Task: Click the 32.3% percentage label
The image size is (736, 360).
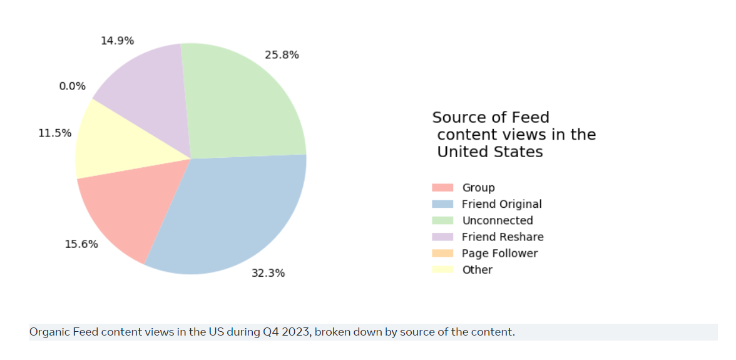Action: [268, 273]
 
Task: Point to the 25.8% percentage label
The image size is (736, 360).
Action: [282, 55]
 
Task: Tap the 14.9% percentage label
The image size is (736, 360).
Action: [117, 41]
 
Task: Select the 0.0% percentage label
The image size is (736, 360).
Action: [73, 86]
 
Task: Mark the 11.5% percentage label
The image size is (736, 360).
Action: [55, 133]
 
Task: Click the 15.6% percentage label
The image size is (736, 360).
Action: [81, 244]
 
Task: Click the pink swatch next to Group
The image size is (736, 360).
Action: [442, 188]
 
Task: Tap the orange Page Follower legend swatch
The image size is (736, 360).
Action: [442, 254]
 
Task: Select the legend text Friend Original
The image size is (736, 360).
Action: [501, 204]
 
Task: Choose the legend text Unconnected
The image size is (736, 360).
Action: [498, 220]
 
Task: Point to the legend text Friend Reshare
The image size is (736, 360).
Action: [503, 237]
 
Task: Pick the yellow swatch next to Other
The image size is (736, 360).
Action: [442, 270]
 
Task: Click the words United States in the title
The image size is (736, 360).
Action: [489, 152]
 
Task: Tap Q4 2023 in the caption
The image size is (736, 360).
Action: [286, 332]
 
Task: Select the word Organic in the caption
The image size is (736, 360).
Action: [49, 332]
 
